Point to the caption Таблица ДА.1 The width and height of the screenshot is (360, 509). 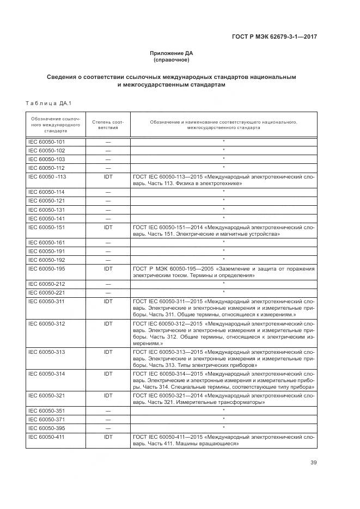click(45, 103)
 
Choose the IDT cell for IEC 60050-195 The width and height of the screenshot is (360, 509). click(108, 268)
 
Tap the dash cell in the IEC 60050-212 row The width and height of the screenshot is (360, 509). click(108, 284)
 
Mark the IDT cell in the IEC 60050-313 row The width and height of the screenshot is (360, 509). click(108, 352)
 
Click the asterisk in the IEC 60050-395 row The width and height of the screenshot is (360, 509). click(223, 428)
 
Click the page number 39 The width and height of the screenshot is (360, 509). click(313, 463)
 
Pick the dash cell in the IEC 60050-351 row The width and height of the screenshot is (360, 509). click(108, 411)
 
